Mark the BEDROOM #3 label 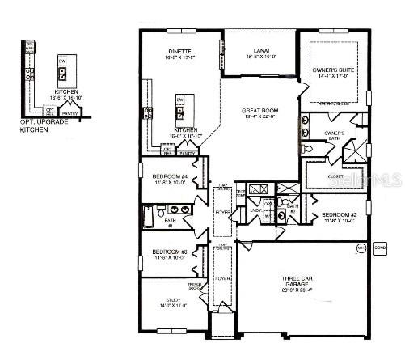point(170,252)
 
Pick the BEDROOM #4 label point(170,176)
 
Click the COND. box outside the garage point(381,248)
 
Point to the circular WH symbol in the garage point(360,250)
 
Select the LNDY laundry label point(256,210)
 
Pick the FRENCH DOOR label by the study point(194,286)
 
